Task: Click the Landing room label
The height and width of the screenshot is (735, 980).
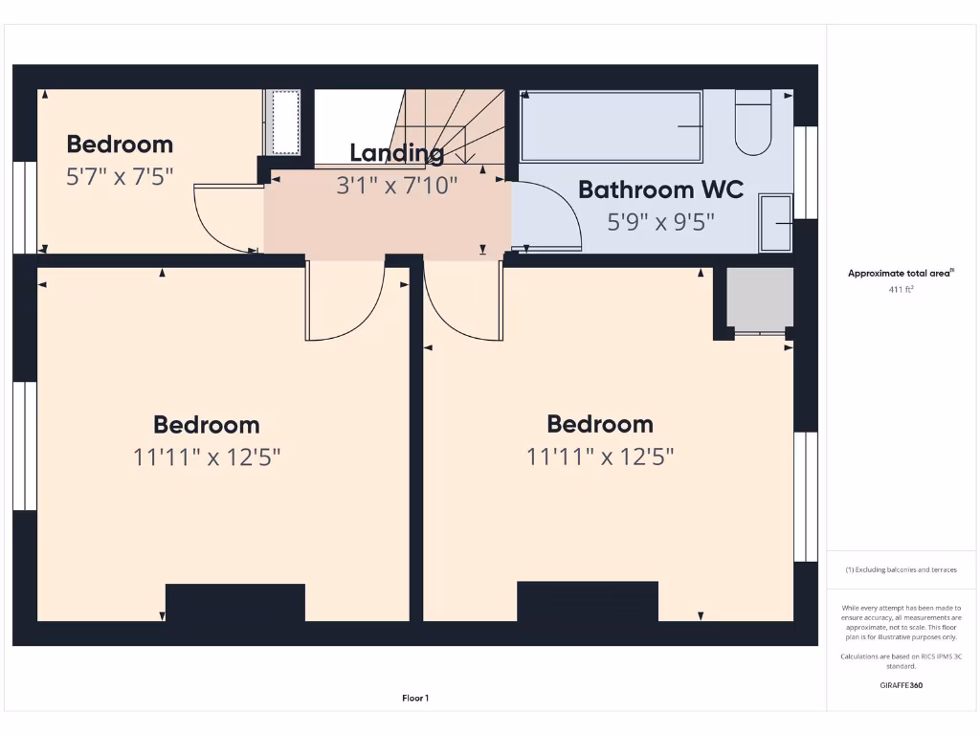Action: click(x=396, y=152)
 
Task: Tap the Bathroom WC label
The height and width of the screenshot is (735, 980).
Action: click(x=660, y=189)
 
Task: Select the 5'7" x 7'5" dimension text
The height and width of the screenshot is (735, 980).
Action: click(x=119, y=176)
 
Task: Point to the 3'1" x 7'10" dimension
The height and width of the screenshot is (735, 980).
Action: click(x=396, y=185)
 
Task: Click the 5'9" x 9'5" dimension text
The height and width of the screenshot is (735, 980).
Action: click(x=660, y=222)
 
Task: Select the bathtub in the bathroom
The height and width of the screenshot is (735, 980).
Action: click(x=611, y=126)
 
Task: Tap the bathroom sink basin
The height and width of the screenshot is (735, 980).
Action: click(x=775, y=223)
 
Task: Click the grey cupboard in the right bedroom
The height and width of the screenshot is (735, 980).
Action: click(x=760, y=299)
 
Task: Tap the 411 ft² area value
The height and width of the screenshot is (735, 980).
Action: click(x=901, y=288)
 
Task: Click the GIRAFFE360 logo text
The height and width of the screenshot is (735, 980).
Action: click(x=901, y=685)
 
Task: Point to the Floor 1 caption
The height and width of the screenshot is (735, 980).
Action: click(x=415, y=699)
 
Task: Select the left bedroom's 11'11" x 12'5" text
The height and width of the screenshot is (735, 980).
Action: click(x=207, y=457)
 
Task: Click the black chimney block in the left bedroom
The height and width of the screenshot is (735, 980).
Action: click(x=235, y=603)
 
